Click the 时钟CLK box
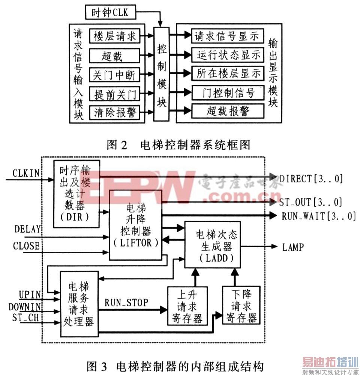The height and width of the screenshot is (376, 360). [x=111, y=12]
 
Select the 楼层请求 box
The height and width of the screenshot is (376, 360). [x=115, y=36]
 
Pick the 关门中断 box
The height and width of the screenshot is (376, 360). [x=114, y=75]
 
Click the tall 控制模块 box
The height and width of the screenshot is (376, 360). [x=161, y=74]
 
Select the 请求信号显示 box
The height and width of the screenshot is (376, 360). [x=228, y=36]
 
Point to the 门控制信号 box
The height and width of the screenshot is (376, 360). [x=228, y=93]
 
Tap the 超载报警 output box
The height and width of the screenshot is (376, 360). [x=228, y=111]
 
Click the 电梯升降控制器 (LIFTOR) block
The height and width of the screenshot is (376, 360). [x=136, y=225]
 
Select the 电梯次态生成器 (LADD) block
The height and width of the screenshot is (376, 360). [x=213, y=245]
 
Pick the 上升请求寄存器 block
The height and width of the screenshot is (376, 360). [x=187, y=306]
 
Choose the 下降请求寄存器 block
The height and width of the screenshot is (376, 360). [x=241, y=305]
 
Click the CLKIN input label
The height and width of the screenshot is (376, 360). [x=26, y=173]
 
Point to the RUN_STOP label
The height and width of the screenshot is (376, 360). [x=126, y=302]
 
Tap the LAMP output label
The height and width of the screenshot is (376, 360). [x=293, y=247]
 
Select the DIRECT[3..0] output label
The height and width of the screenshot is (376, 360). [x=311, y=179]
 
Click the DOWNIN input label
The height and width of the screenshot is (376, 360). [x=25, y=307]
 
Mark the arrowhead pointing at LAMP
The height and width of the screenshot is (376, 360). [x=274, y=246]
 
